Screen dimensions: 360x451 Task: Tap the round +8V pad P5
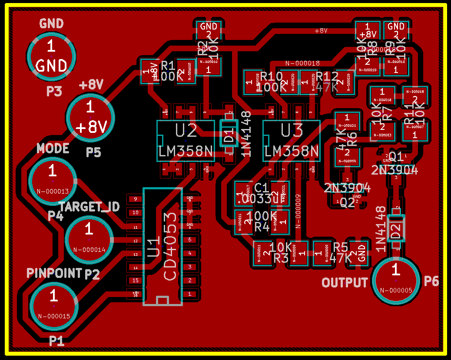[x=90, y=117]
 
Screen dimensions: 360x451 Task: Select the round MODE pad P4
[x=53, y=180]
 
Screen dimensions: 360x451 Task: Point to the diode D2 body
[x=396, y=229]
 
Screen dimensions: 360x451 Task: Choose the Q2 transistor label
[x=347, y=203]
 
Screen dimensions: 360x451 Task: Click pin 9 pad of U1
[x=135, y=199]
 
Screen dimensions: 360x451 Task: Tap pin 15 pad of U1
[x=135, y=280]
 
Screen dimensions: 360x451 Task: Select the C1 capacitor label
[x=262, y=188]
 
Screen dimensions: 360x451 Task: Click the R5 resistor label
[x=341, y=247]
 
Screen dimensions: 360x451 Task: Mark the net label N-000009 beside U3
[x=298, y=211]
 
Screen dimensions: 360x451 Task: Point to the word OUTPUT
[x=345, y=283]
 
